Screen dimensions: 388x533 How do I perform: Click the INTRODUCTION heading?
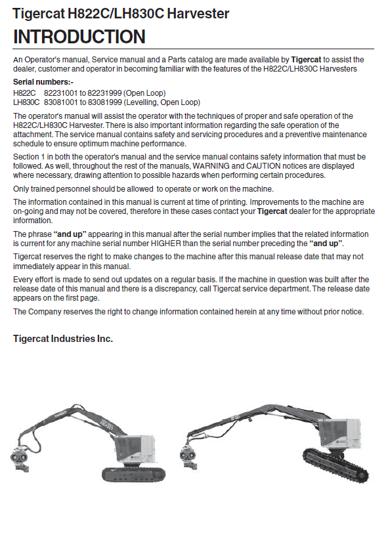tap(79, 37)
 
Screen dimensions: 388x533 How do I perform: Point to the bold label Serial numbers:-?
tap(43, 82)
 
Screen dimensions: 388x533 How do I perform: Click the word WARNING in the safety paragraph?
tap(211, 166)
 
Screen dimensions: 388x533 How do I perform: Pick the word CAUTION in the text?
tap(263, 166)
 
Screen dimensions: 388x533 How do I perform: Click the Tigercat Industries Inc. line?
tap(63, 339)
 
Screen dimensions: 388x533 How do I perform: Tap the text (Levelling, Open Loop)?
tap(162, 102)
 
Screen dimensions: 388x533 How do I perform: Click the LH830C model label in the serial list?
tap(26, 102)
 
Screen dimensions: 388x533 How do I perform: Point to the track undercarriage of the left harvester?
tap(134, 473)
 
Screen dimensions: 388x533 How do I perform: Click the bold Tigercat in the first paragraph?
tap(306, 60)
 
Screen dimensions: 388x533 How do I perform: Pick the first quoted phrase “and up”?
tap(70, 234)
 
